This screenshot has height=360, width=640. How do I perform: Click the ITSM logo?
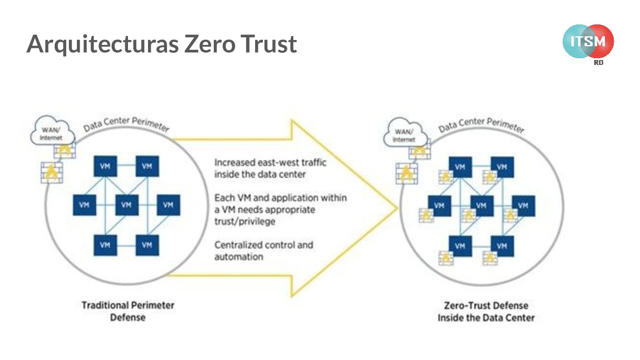click(588, 41)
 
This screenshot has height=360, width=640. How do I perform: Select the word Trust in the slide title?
click(269, 44)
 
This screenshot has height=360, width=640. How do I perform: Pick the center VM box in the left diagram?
click(127, 205)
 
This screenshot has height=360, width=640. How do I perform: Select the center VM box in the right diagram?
click(481, 205)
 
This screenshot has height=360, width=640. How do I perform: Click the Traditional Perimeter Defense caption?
click(128, 311)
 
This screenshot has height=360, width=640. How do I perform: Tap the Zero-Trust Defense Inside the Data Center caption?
click(486, 312)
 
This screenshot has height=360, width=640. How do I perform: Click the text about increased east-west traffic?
click(270, 168)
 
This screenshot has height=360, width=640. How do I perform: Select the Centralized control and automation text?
click(264, 251)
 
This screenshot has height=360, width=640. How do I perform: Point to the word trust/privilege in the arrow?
click(244, 221)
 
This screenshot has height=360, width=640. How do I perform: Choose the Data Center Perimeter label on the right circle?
click(481, 123)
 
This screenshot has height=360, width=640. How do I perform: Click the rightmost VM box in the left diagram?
click(168, 205)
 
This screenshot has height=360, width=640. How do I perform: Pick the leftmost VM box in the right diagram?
click(439, 205)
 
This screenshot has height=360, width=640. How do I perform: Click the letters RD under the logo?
click(598, 63)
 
